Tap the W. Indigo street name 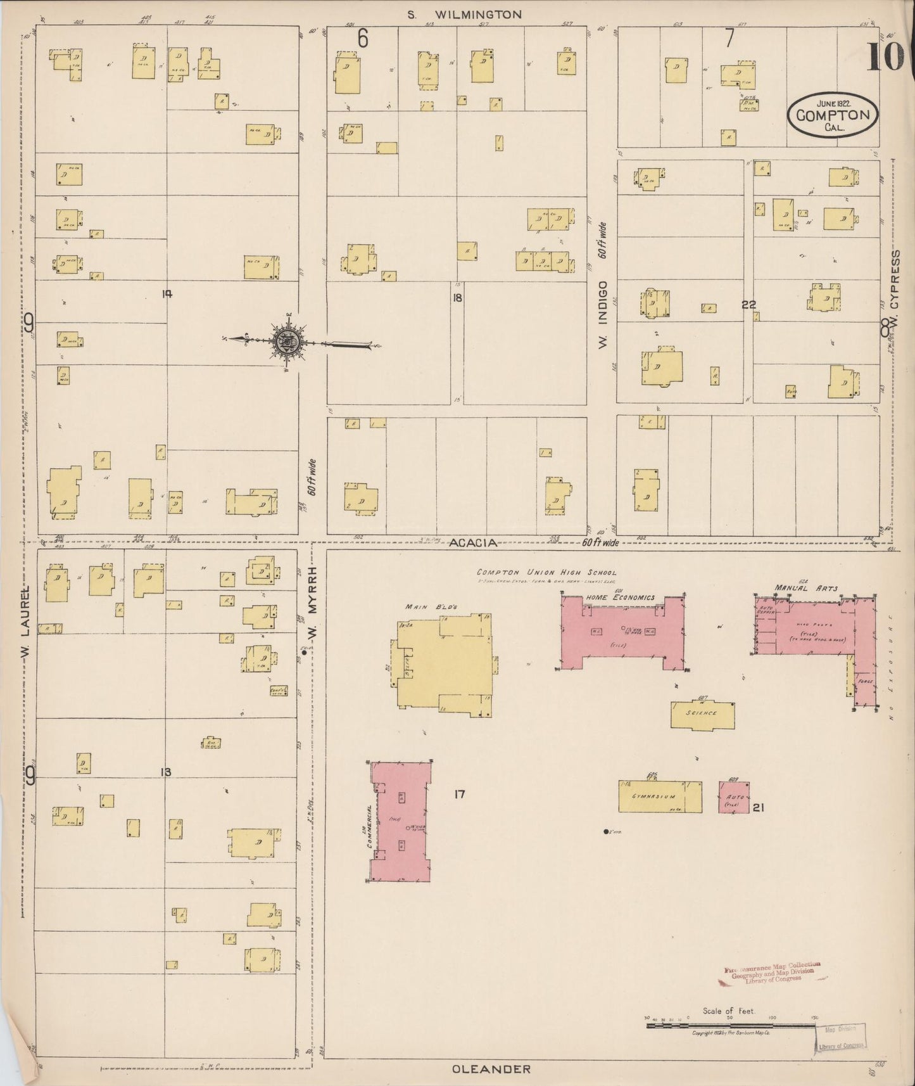[x=602, y=314]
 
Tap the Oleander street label [x=491, y=1069]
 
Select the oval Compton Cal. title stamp [x=833, y=115]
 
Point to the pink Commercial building [x=400, y=822]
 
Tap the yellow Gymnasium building [x=660, y=796]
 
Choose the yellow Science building [x=702, y=715]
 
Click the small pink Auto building [x=734, y=796]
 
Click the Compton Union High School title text [x=546, y=572]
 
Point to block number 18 [x=457, y=297]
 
